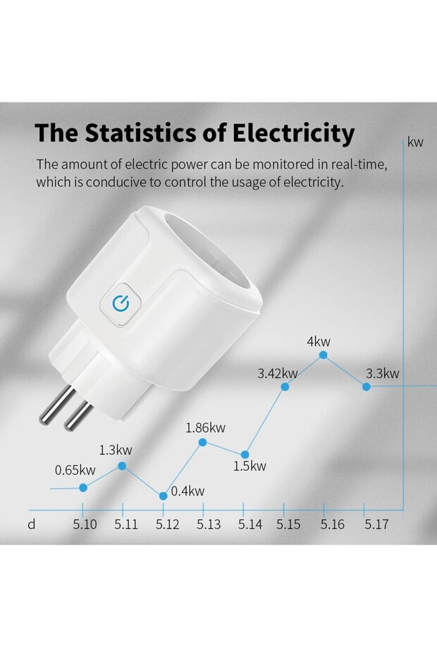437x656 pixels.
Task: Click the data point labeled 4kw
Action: click(324, 355)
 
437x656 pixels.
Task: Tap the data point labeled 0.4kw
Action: click(163, 496)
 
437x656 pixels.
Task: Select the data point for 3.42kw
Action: click(285, 386)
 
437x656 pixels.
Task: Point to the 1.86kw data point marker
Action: click(202, 442)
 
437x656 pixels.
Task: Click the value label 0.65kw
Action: click(75, 470)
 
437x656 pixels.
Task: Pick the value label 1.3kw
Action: click(116, 449)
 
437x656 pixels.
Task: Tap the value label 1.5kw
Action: click(250, 466)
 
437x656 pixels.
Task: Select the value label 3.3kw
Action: click(382, 373)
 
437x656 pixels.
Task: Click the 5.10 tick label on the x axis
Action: click(85, 525)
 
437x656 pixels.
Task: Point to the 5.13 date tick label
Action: click(209, 525)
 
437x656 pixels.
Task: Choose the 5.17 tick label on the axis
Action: click(376, 525)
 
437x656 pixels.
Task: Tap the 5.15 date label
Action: click(288, 525)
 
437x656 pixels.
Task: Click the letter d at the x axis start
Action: click(32, 525)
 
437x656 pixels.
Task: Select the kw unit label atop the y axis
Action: click(415, 142)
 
